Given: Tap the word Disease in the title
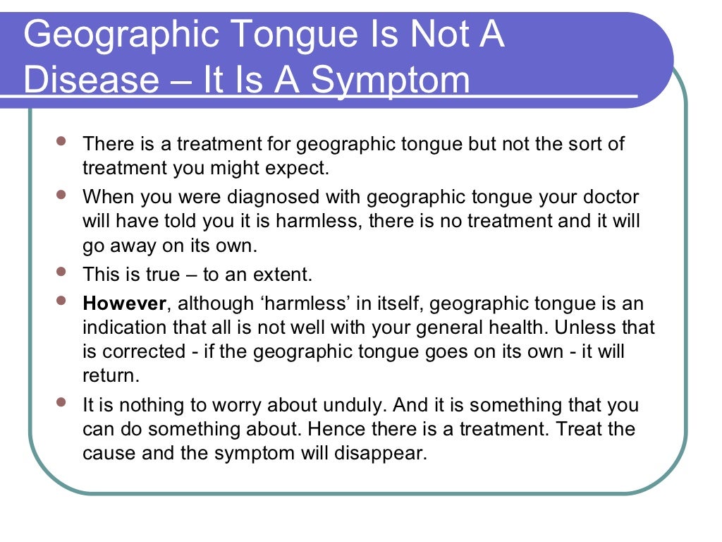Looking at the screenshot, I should point(92,80).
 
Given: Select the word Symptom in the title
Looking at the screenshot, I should point(390,80).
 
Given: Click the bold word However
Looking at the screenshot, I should point(125,303).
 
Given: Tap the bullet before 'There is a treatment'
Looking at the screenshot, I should point(61,141).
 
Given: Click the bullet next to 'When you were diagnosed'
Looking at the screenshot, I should point(61,192).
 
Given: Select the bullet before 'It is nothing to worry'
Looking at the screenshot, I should point(61,402).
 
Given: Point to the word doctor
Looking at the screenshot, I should point(612,195).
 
